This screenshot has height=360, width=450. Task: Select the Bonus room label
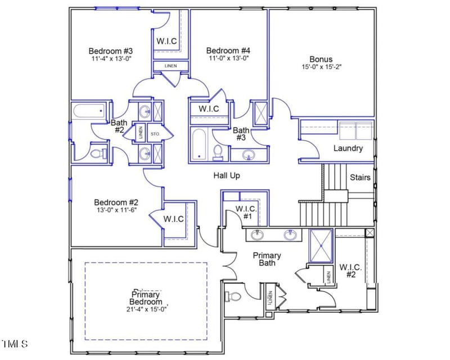[321, 59]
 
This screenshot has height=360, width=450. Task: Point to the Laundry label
[348, 148]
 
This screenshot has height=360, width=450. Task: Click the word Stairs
[360, 177]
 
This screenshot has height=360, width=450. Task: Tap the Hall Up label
[227, 175]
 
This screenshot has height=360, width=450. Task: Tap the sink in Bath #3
[248, 154]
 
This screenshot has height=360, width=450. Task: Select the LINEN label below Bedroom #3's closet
[170, 66]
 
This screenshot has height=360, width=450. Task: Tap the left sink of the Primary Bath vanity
[258, 235]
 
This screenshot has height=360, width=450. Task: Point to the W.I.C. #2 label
[351, 271]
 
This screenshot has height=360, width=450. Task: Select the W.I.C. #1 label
[246, 212]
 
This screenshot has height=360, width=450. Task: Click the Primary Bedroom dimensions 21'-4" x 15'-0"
[146, 308]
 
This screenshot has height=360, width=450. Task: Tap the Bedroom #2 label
[116, 202]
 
